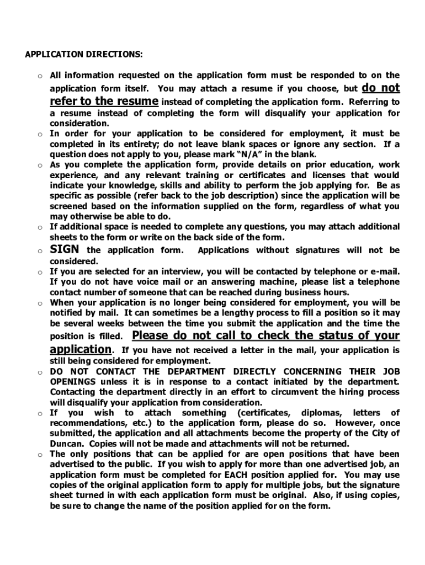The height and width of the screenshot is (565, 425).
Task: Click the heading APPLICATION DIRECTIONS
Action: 84,55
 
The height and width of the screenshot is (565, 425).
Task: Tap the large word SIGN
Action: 65,249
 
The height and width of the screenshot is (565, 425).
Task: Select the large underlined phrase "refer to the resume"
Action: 104,102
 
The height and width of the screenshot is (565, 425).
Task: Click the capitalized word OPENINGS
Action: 73,382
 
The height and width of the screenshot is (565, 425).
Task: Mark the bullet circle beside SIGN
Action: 40,251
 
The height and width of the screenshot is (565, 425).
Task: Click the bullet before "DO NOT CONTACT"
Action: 40,372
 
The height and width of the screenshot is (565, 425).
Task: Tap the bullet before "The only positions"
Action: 40,455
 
